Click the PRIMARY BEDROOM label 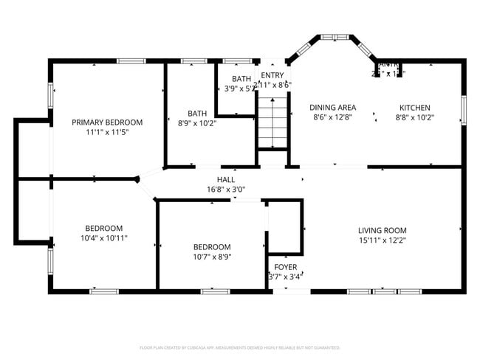[107, 122]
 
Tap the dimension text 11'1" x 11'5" [107, 132]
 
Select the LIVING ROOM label [383, 230]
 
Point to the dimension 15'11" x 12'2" [383, 240]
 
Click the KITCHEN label [414, 107]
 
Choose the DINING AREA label [332, 107]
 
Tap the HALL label [226, 179]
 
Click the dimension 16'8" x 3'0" [226, 189]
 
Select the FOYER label [286, 266]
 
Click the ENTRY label [272, 75]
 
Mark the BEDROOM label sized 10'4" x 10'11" [103, 228]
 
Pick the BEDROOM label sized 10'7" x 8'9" [212, 247]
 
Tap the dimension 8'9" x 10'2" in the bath [196, 123]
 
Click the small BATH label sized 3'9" [241, 79]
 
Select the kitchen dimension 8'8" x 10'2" [414, 117]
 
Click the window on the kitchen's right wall [463, 110]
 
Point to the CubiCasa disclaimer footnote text [239, 347]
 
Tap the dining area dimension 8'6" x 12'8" [332, 117]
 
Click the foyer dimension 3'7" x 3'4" [286, 276]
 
